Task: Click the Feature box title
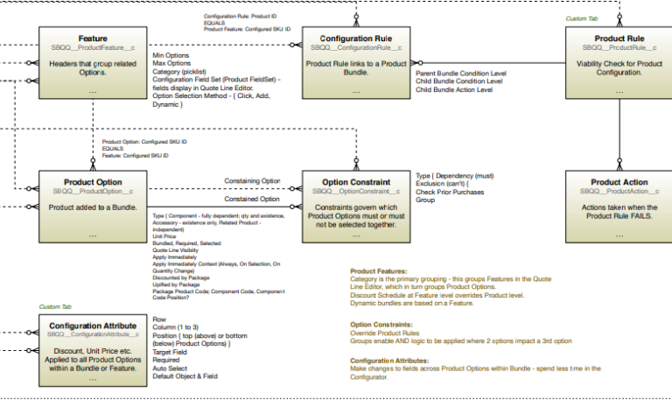pyautogui.click(x=93, y=39)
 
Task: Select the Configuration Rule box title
pyautogui.click(x=355, y=39)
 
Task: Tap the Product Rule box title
pyautogui.click(x=619, y=39)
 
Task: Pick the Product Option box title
pyautogui.click(x=93, y=182)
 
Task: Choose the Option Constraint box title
pyautogui.click(x=355, y=182)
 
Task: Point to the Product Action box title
pyautogui.click(x=619, y=182)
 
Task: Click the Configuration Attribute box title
pyautogui.click(x=93, y=326)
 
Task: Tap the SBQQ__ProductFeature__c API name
pyautogui.click(x=93, y=47)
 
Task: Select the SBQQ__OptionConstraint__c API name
pyautogui.click(x=355, y=191)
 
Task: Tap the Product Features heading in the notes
pyautogui.click(x=380, y=271)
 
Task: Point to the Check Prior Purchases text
pyautogui.click(x=450, y=192)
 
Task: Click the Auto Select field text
pyautogui.click(x=170, y=368)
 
